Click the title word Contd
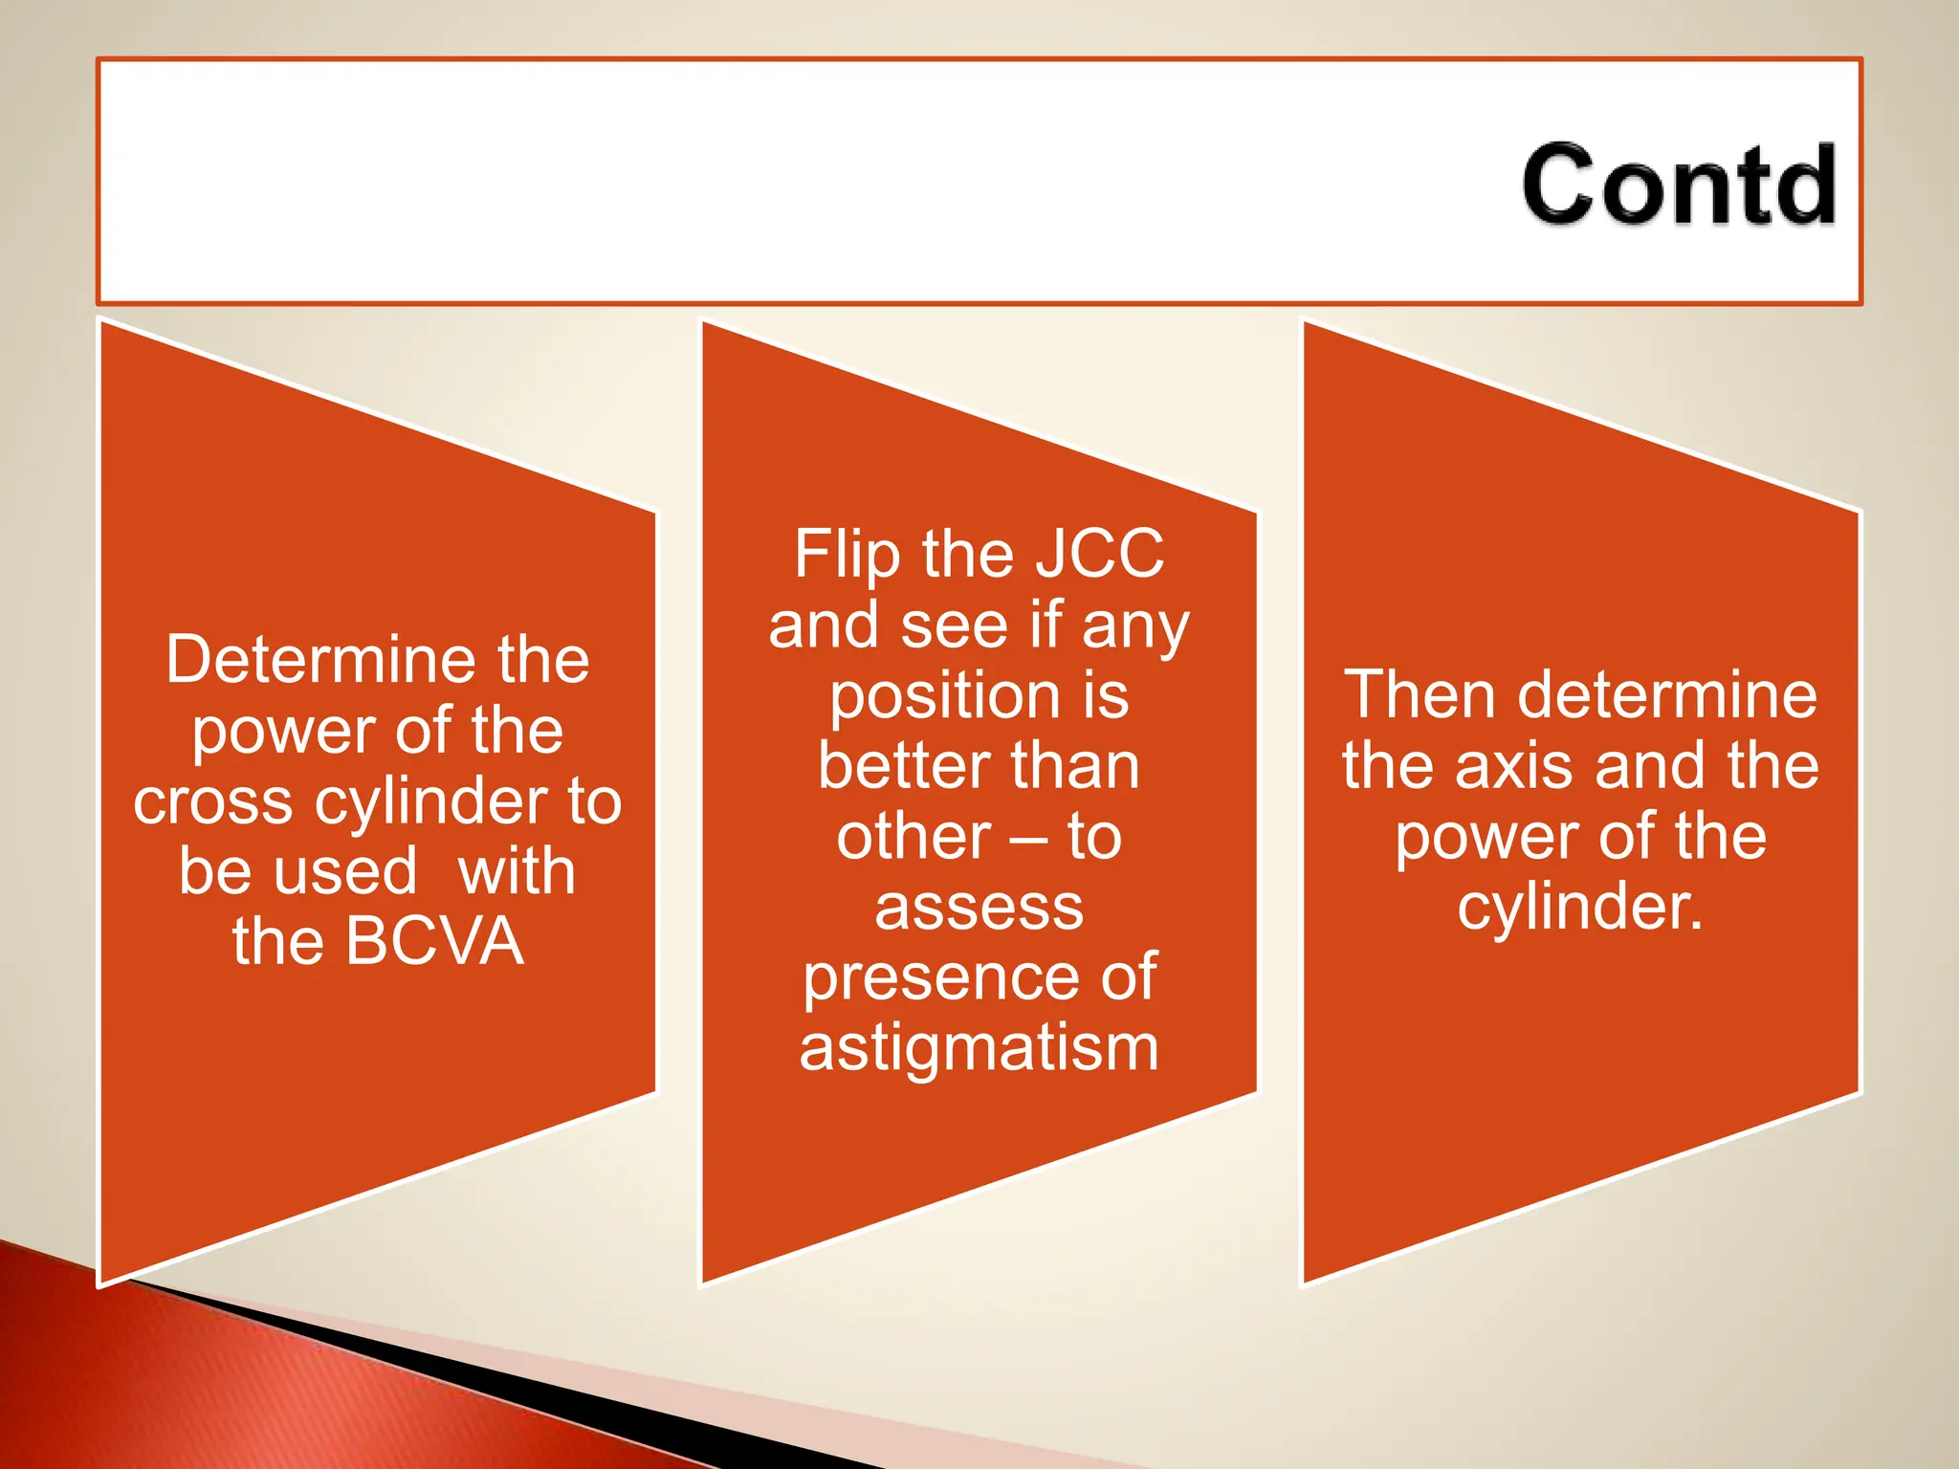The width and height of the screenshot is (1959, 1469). pos(1679,184)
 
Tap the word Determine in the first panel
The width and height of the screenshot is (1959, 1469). pos(322,660)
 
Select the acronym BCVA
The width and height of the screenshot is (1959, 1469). pos(434,941)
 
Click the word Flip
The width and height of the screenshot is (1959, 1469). pos(847,555)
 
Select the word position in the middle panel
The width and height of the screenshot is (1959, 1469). pos(945,696)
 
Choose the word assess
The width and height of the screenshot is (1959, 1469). pos(979,909)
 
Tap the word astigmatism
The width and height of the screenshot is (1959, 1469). pos(979,1048)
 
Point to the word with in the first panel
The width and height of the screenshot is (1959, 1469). pos(517,871)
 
